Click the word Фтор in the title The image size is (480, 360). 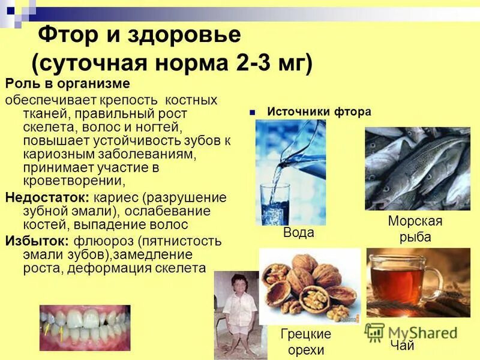tap(67, 35)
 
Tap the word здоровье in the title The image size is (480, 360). tap(184, 35)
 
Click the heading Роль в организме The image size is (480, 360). tap(68, 83)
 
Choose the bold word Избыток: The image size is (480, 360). tap(37, 241)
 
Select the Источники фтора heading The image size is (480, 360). tap(319, 112)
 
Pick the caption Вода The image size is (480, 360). tap(298, 233)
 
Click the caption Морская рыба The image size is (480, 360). tap(415, 229)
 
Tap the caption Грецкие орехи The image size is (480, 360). tap(306, 342)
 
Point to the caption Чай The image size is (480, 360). tap(402, 346)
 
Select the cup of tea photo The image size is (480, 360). tap(418, 282)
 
